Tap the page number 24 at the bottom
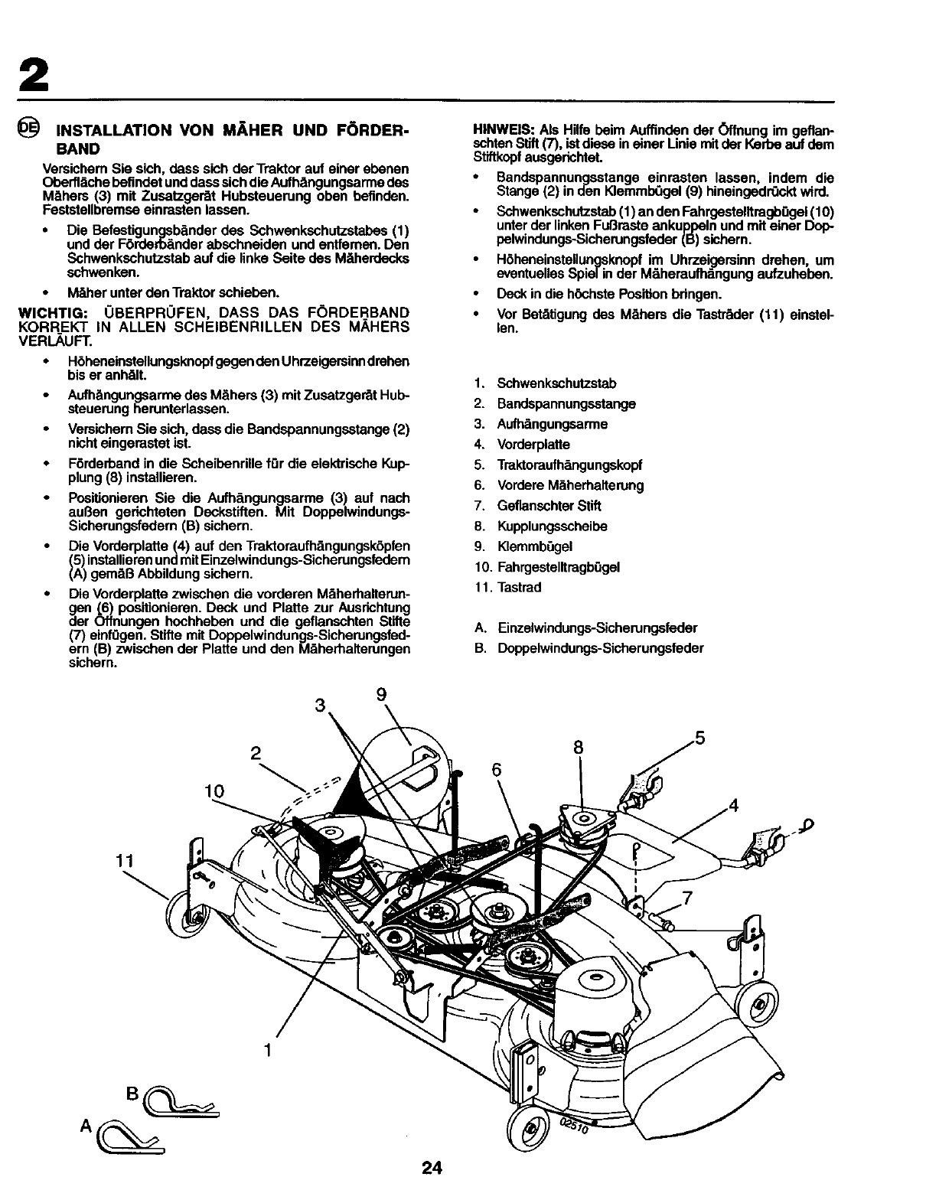tap(432, 1169)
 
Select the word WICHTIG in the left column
tap(45, 313)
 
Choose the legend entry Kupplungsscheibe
tap(552, 527)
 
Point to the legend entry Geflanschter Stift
tap(549, 506)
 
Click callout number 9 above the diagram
tap(381, 695)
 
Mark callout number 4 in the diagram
tap(733, 805)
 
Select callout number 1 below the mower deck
tap(267, 1050)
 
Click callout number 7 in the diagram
tap(688, 899)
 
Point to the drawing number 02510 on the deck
tap(575, 1123)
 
